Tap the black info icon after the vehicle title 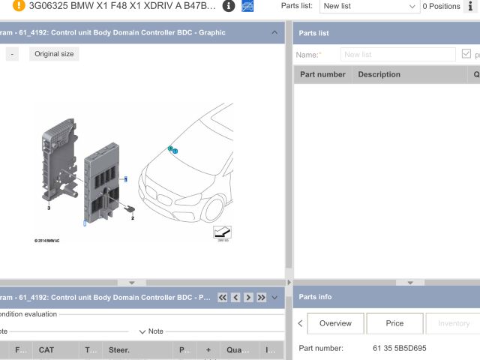pyautogui.click(x=229, y=6)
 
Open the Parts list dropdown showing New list pyautogui.click(x=369, y=6)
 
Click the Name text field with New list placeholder pyautogui.click(x=397, y=55)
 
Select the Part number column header pyautogui.click(x=322, y=74)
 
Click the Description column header pyautogui.click(x=379, y=74)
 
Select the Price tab pyautogui.click(x=394, y=323)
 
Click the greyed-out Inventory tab pyautogui.click(x=453, y=323)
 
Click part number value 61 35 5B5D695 pyautogui.click(x=400, y=348)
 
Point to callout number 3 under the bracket pyautogui.click(x=48, y=207)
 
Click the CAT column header pyautogui.click(x=46, y=349)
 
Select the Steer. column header pyautogui.click(x=119, y=349)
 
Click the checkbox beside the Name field pyautogui.click(x=467, y=55)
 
